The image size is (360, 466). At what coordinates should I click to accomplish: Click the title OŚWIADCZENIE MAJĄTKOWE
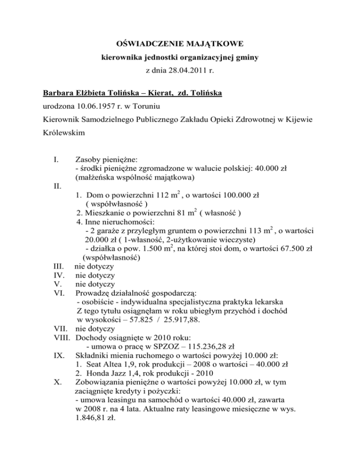click(x=180, y=45)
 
